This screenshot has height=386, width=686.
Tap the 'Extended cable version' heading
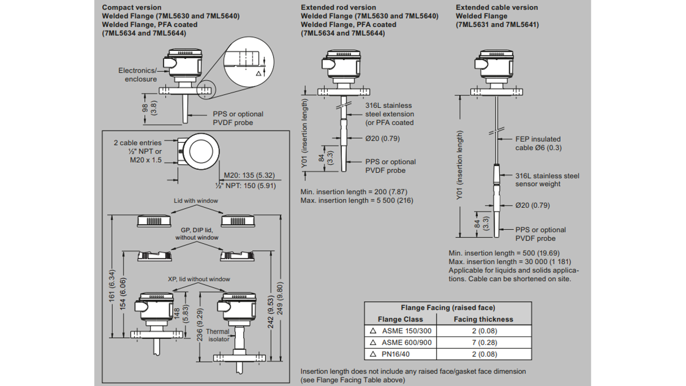[496, 7]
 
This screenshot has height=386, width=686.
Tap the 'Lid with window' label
[195, 201]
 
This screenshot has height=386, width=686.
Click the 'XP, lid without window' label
[195, 279]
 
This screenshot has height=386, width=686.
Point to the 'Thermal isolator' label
[219, 335]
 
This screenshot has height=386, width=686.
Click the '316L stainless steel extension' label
[389, 114]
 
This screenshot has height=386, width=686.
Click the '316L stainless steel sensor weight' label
[547, 179]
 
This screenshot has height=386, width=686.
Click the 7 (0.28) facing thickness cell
[483, 343]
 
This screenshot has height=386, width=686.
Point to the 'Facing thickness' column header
[483, 319]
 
